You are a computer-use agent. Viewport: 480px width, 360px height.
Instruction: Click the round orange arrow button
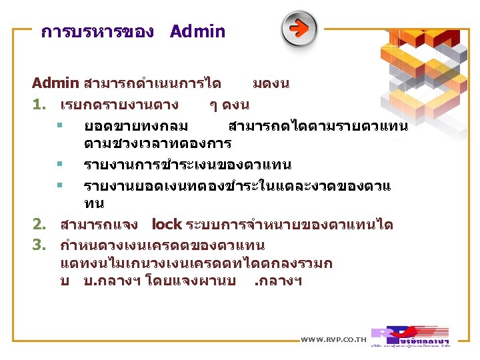tap(299, 29)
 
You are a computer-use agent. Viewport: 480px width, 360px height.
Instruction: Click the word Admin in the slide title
tap(197, 31)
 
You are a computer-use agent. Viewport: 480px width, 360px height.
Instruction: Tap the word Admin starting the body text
tap(55, 83)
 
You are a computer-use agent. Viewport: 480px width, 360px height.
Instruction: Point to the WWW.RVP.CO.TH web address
tap(334, 340)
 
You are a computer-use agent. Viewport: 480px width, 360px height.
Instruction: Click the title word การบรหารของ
tap(97, 32)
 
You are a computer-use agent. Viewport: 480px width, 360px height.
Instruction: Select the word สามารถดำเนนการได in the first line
tap(153, 83)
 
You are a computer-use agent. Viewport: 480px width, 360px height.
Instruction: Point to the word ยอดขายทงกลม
tap(135, 125)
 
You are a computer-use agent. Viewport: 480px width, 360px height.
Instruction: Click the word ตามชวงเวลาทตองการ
tap(157, 143)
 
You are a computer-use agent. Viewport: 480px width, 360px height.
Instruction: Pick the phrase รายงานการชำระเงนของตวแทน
tap(187, 164)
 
